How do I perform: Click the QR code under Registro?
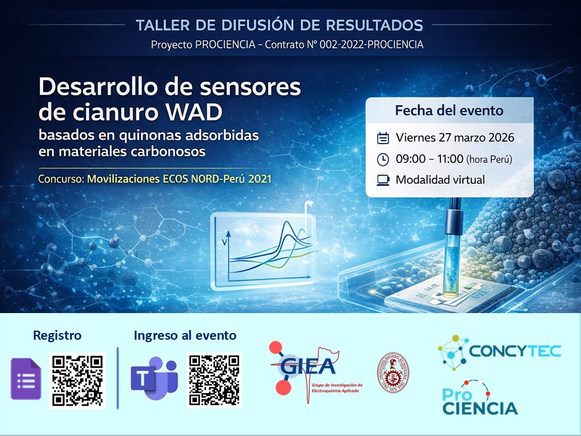(x=77, y=380)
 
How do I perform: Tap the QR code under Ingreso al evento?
(x=214, y=380)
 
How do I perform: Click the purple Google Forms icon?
(x=26, y=379)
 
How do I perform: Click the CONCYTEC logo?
(x=499, y=351)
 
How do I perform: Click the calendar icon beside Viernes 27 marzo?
(x=382, y=138)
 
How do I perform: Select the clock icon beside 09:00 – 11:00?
(x=382, y=159)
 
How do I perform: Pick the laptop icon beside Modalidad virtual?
(x=382, y=180)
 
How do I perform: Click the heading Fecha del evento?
(x=449, y=111)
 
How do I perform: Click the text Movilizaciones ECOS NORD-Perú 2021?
(x=179, y=179)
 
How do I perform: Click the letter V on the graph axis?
(x=225, y=243)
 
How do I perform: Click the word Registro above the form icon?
(x=57, y=335)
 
